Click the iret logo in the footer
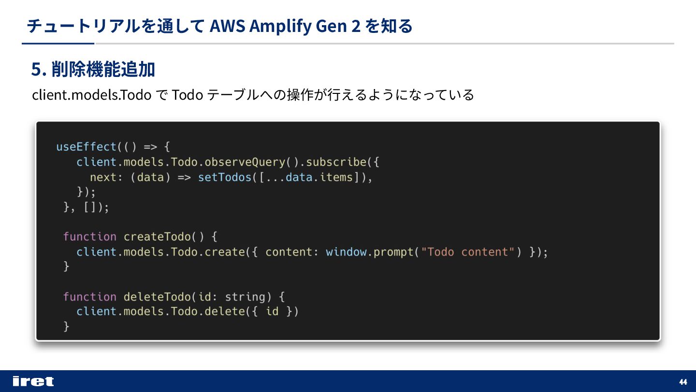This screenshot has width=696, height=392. [33, 381]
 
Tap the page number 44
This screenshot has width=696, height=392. [683, 382]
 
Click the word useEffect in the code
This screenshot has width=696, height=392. [87, 147]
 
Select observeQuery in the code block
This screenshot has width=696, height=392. [245, 162]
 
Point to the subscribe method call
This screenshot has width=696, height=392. [336, 162]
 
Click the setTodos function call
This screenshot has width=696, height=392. [225, 177]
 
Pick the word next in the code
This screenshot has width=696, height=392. [103, 177]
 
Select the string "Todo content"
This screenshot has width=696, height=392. [468, 252]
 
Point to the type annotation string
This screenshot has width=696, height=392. [245, 297]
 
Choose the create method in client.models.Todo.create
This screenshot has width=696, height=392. [225, 252]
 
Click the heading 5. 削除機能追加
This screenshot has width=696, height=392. [93, 70]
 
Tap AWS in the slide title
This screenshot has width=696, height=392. [227, 26]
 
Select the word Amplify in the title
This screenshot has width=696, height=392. [281, 26]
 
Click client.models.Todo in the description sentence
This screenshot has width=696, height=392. [92, 95]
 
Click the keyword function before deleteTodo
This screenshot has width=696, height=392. [90, 297]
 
